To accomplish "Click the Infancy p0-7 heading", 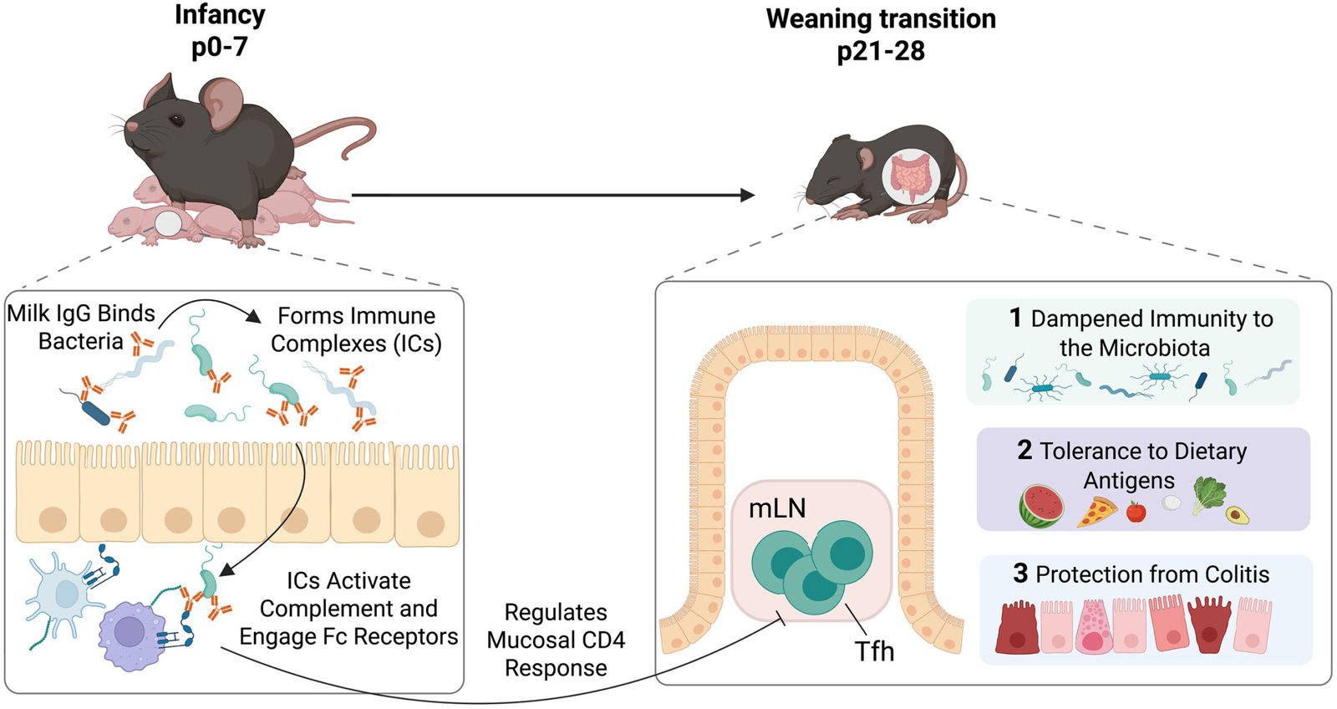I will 219,30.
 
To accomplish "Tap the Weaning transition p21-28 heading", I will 881,34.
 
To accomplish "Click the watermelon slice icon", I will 1041,506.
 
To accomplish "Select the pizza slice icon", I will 1097,511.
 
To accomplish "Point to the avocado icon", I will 1238,514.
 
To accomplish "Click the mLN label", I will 777,508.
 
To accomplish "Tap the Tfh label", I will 874,651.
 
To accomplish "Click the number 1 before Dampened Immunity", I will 1015,318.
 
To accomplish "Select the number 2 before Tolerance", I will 1024,451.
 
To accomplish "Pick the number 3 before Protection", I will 1020,574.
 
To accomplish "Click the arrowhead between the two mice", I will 747,196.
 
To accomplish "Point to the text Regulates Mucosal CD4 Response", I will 556,640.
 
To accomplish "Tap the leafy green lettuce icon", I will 1207,493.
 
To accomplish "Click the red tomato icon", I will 1136,511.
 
